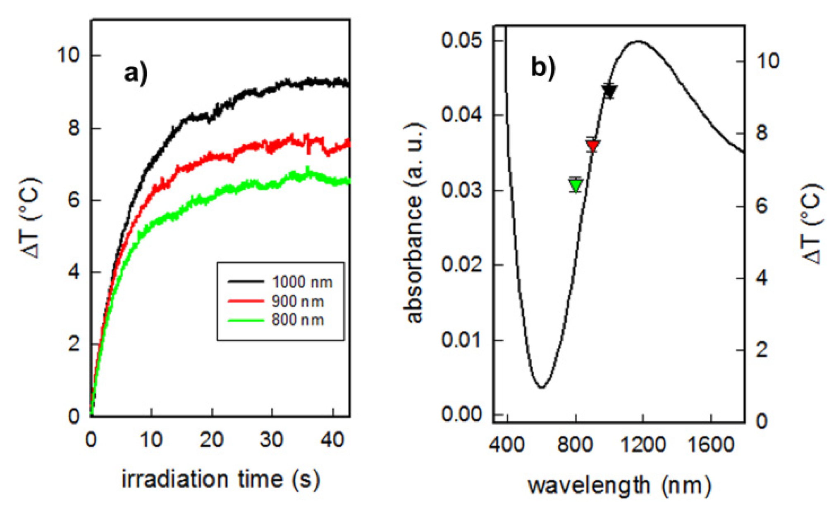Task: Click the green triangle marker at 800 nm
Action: coord(576,186)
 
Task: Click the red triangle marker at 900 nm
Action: coord(592,146)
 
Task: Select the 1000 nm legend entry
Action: coord(302,282)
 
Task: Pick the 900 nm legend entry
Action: coord(297,301)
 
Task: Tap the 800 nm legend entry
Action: coord(297,320)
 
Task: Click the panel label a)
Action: coord(136,75)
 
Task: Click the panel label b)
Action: coord(543,67)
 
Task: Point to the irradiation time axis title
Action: coord(221,479)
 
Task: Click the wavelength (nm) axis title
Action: coord(619,485)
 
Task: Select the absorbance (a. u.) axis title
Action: coord(414,223)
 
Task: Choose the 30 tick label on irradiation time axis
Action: coord(272,440)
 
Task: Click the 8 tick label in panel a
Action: coord(74,128)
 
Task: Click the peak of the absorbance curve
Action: coord(638,41)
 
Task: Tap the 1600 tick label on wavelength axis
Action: coord(711,445)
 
